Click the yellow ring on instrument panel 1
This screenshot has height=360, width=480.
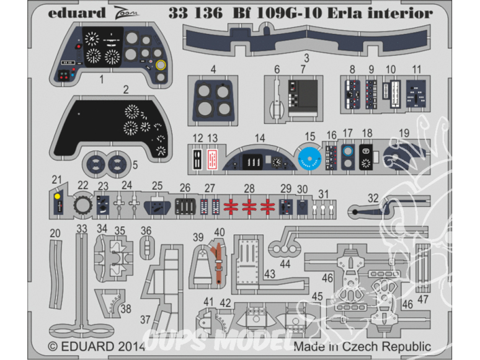161,65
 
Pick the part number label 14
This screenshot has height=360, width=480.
260,138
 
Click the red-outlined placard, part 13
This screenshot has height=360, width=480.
212,159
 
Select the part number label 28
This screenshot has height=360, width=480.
249,187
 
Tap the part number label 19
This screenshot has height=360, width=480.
403,133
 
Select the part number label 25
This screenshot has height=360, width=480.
157,185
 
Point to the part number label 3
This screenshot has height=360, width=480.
306,57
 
